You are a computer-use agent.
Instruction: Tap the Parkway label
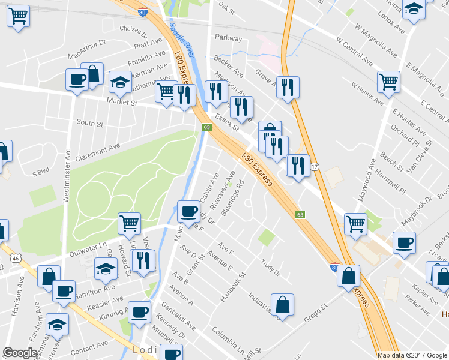[228, 38]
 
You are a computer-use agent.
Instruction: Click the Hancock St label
[234, 287]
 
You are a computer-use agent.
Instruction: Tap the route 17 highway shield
[315, 166]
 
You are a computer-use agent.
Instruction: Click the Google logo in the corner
[20, 353]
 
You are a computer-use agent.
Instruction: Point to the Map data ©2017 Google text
[412, 355]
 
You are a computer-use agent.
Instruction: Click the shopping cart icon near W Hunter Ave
[388, 82]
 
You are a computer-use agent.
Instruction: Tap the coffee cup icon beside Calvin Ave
[188, 211]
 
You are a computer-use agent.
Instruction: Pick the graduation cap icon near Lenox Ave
[414, 9]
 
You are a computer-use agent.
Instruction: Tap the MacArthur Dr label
[86, 49]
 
